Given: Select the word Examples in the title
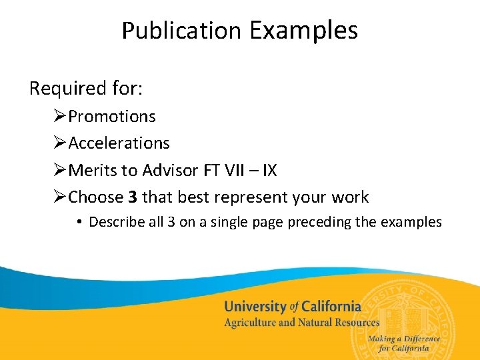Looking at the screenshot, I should pyautogui.click(x=304, y=31).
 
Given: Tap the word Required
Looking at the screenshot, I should pyautogui.click(x=59, y=88).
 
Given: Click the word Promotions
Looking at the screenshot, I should pyautogui.click(x=112, y=116).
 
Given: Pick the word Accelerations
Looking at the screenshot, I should pyautogui.click(x=119, y=143).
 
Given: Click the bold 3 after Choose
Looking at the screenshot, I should pyautogui.click(x=133, y=197).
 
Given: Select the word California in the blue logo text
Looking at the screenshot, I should pyautogui.click(x=331, y=307).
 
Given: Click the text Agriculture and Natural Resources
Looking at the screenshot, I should pyautogui.click(x=301, y=323).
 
